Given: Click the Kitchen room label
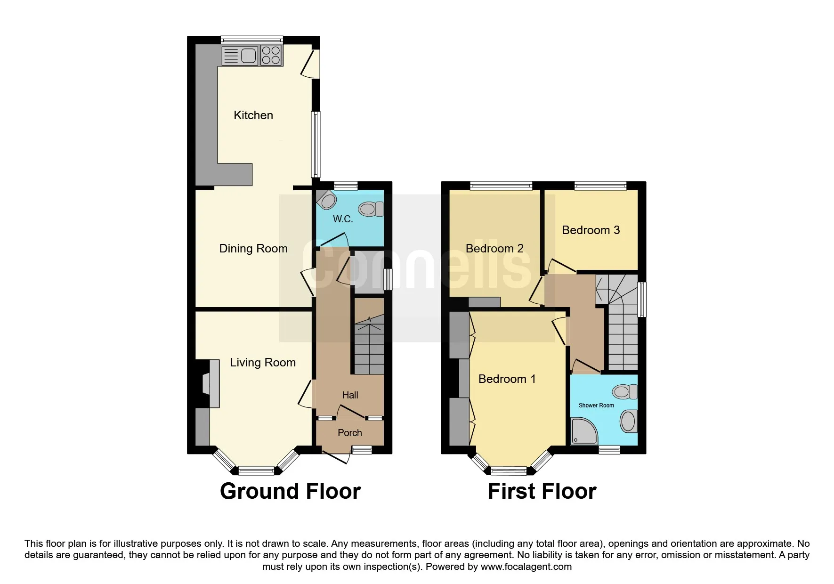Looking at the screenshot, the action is point(253,115).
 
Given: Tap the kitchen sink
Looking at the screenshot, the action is point(240,56).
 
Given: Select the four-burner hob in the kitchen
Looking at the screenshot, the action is point(271,55).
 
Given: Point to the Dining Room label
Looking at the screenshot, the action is point(253,249).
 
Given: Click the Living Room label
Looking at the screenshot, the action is point(263,363).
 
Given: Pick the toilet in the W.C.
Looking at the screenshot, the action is point(372,209).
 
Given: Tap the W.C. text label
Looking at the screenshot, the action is point(343,219).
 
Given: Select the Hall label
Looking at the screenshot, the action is point(350,395).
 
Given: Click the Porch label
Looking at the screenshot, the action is point(350,433).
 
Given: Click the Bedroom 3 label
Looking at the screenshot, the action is point(591,230).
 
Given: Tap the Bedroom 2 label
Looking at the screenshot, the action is point(494,249).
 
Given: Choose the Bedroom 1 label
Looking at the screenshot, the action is point(507,379).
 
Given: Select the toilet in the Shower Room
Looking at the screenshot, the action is point(625,392).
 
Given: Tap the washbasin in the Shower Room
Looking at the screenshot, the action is point(629,421).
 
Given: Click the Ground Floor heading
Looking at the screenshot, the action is point(290,492).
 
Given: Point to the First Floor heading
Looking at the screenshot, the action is point(542,492).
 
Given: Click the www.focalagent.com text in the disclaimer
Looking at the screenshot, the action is point(526,567).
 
